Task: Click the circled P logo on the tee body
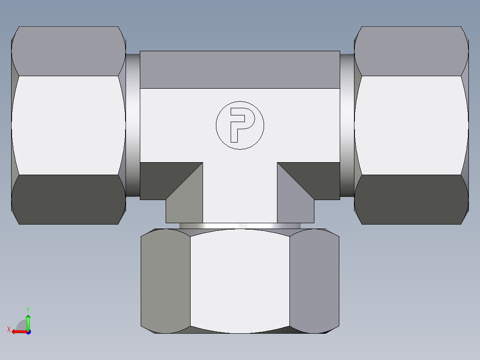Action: pos(240,125)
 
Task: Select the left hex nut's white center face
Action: pos(68,125)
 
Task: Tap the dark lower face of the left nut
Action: pos(68,199)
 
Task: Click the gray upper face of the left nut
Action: pos(68,51)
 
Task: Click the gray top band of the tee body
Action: pos(240,70)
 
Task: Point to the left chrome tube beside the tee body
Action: pos(132,125)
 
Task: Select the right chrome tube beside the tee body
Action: pos(347,125)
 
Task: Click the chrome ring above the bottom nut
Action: pos(240,226)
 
